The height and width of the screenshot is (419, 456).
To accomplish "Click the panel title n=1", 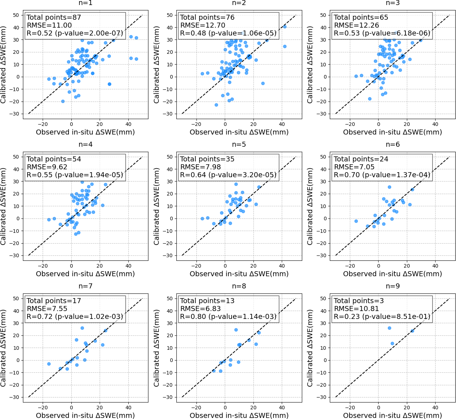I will point(85,3).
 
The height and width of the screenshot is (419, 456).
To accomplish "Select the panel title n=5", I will point(239,145).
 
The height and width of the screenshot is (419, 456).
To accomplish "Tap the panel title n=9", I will point(393,286).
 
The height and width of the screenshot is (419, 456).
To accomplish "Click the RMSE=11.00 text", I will point(49,25).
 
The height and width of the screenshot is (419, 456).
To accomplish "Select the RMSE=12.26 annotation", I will point(356,25).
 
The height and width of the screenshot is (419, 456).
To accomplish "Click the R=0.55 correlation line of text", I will point(75,175).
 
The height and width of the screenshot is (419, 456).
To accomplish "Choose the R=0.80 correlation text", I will point(228,317).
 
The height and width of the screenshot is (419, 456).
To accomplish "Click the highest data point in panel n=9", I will point(389,328).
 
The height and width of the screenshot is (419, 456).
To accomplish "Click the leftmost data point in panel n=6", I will point(356,221).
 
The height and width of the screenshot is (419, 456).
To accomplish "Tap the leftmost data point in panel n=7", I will point(49,364).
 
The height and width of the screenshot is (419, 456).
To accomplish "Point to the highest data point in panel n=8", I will point(236,330).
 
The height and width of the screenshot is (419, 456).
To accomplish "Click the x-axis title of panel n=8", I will point(239,415).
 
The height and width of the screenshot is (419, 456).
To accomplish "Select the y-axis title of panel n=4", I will point(4,207).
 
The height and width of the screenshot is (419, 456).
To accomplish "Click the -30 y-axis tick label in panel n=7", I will point(15,397).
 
